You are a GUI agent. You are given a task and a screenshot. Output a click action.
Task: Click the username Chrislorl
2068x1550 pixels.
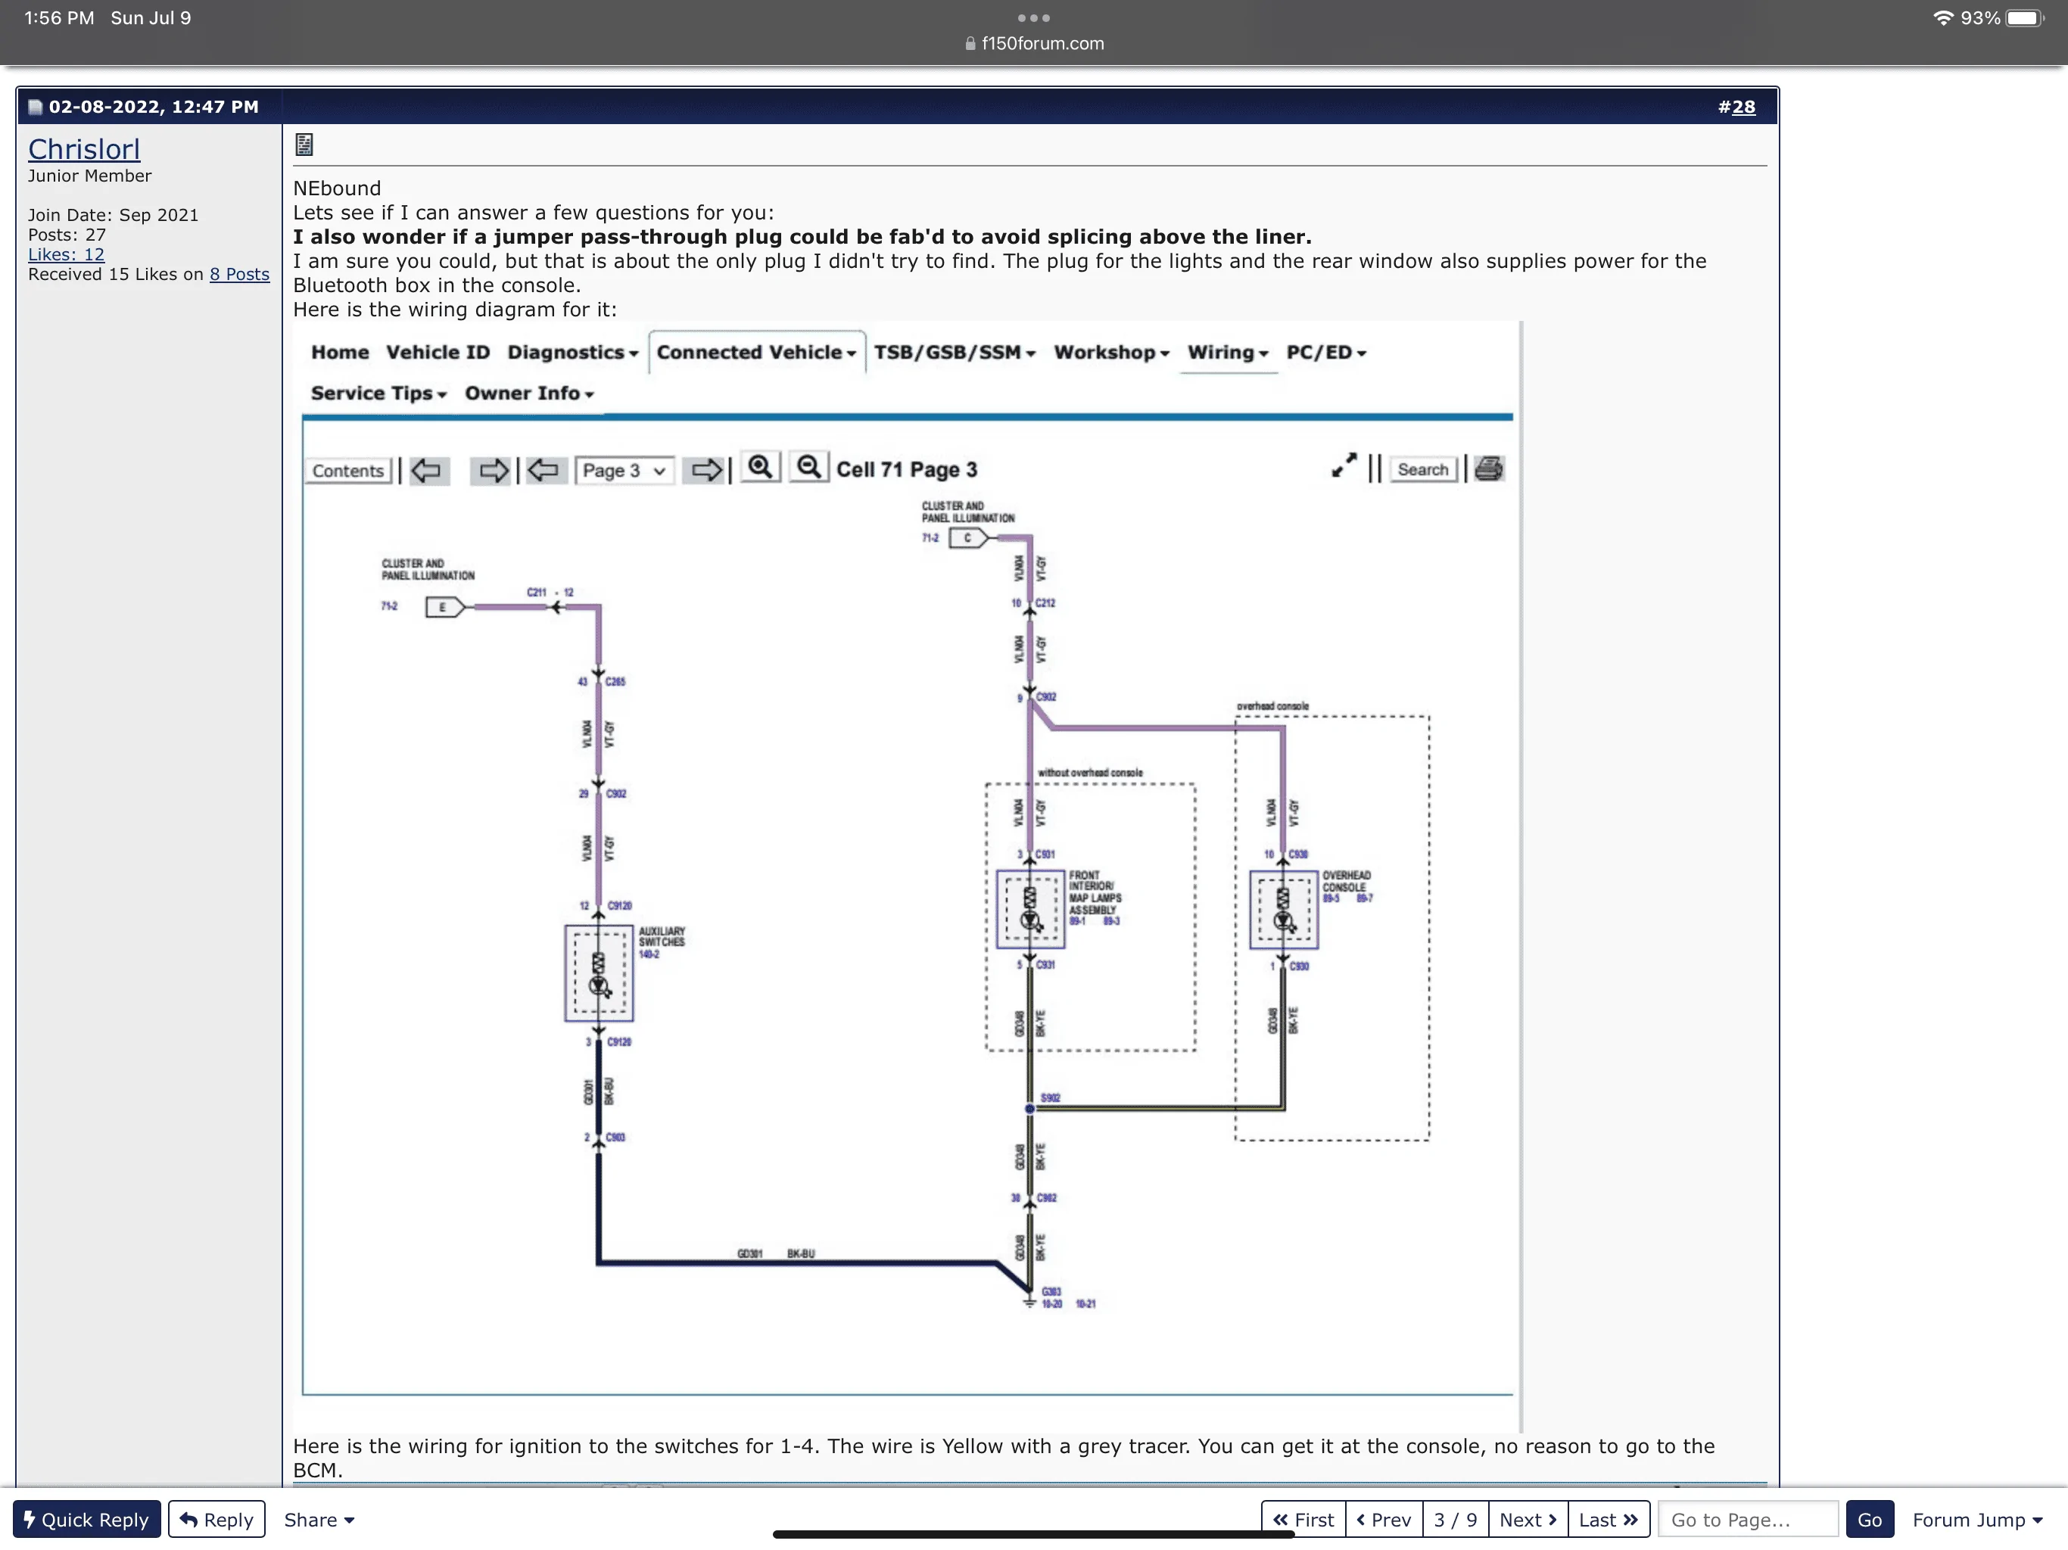pos(84,150)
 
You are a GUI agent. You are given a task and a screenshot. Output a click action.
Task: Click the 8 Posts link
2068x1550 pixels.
pos(239,274)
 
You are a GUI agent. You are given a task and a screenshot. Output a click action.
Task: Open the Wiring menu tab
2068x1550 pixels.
pos(1226,353)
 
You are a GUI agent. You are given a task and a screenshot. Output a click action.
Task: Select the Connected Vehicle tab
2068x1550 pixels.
pos(755,353)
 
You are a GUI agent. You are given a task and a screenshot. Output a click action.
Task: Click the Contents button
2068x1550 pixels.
pos(347,470)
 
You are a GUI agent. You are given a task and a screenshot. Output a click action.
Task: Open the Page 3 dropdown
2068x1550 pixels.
pos(624,470)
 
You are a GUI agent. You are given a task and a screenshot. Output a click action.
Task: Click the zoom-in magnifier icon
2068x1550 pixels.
pos(760,468)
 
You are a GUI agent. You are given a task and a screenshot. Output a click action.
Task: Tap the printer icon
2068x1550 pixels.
pos(1488,468)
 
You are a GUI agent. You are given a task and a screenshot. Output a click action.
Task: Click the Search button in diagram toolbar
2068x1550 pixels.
pos(1422,469)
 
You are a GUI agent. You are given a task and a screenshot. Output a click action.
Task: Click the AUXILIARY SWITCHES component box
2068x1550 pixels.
pos(598,973)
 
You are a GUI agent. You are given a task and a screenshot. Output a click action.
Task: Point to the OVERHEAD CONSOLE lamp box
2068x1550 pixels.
pos(1283,910)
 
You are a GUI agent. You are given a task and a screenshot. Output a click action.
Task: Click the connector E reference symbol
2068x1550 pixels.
pos(443,608)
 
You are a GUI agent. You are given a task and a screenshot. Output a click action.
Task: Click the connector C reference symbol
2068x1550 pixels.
pos(967,537)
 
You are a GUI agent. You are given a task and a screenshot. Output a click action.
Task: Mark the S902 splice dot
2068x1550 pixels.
pos(1029,1109)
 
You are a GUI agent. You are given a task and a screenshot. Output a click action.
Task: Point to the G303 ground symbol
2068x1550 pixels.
pos(1029,1299)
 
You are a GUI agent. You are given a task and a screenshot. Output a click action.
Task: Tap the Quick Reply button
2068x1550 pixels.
pos(86,1519)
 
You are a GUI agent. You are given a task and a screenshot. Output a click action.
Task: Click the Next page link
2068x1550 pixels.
pos(1527,1519)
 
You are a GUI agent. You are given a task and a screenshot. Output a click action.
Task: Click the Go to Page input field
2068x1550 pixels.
pos(1746,1519)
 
